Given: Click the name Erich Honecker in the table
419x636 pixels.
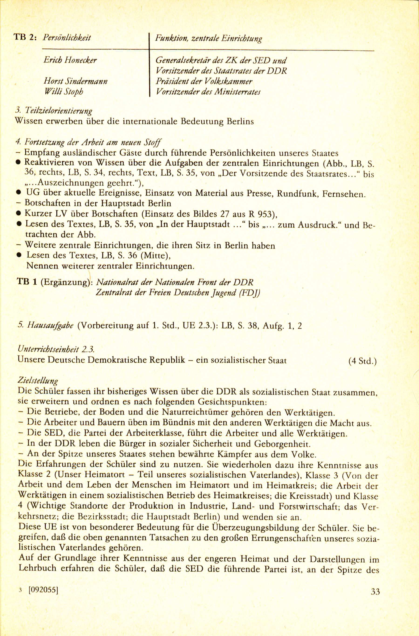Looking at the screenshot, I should pyautogui.click(x=70, y=60).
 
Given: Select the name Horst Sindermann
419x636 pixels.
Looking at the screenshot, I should pyautogui.click(x=76, y=81).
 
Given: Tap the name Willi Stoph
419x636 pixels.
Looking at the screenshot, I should pyautogui.click(x=64, y=92).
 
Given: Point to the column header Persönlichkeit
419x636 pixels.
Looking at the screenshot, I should pyautogui.click(x=67, y=38).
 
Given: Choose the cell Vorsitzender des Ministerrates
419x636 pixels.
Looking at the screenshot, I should pyautogui.click(x=208, y=92).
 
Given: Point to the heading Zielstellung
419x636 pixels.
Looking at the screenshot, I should pyautogui.click(x=38, y=380).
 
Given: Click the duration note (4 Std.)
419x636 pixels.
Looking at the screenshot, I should pyautogui.click(x=362, y=361).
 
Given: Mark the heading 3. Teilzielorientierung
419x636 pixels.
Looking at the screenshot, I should pyautogui.click(x=54, y=111).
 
